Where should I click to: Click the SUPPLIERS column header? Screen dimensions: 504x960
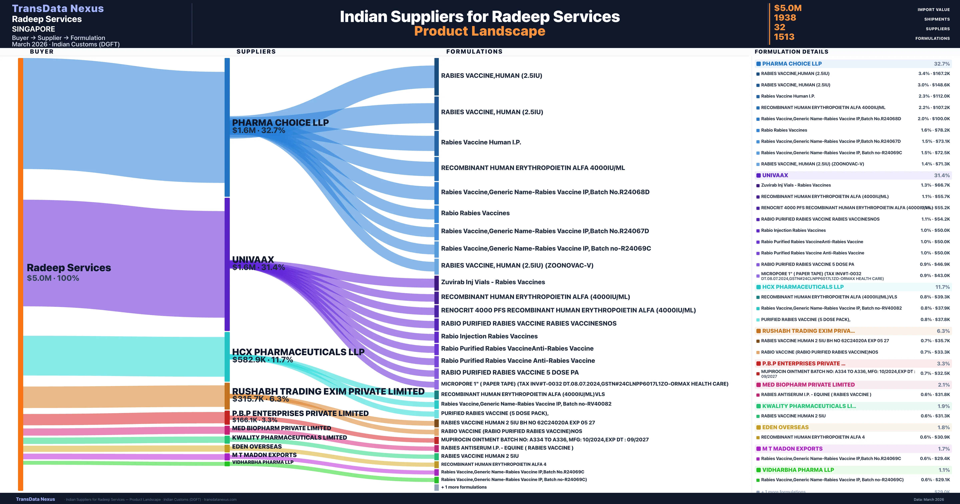point(256,51)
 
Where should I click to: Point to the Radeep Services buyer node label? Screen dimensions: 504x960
point(69,268)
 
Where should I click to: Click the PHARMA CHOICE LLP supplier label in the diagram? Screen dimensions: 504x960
point(280,122)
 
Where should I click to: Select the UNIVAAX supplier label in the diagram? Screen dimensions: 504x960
point(253,259)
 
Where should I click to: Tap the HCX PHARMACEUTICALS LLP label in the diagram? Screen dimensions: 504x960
point(298,352)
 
